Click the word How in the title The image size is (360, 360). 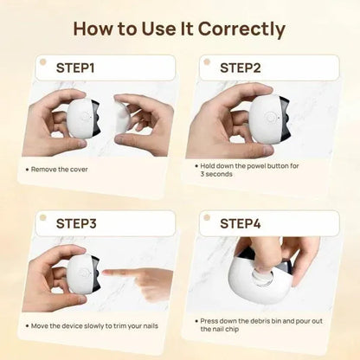coord(95,28)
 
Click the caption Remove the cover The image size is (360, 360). coord(61,169)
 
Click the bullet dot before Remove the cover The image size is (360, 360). coord(27,169)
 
